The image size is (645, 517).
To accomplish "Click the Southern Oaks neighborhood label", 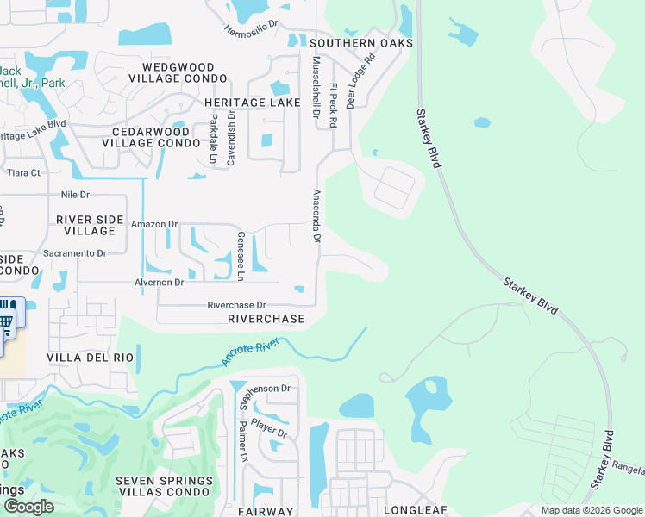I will [361, 43].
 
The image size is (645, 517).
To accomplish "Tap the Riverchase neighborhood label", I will [266, 319].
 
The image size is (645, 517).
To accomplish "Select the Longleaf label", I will [418, 510].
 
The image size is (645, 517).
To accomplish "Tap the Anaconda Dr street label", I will [316, 216].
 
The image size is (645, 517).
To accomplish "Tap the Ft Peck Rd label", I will [333, 105].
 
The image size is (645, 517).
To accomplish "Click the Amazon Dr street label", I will [153, 224].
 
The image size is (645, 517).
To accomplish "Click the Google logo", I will [28, 507].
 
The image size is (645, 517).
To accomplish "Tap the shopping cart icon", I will [6, 322].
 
